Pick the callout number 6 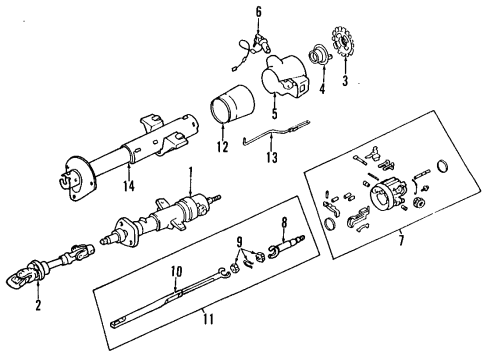click(x=258, y=12)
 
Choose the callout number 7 click(x=401, y=241)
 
